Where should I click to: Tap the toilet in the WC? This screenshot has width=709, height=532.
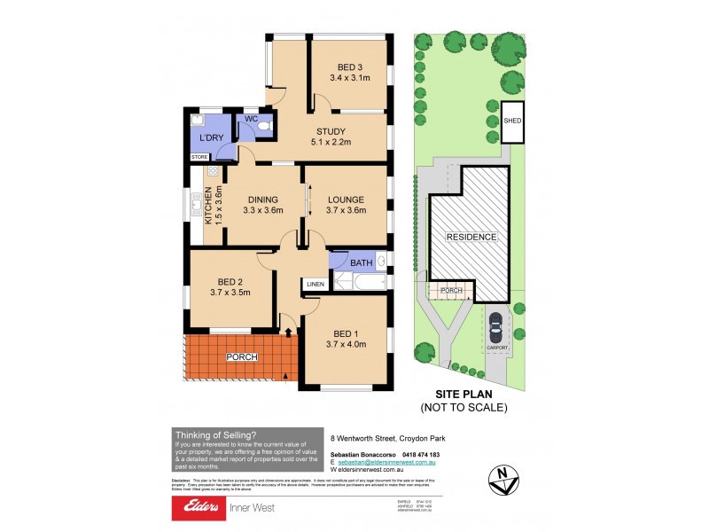click(x=263, y=130)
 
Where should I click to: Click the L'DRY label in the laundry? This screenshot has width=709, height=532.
click(x=210, y=138)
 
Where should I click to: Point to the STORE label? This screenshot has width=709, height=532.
click(x=199, y=157)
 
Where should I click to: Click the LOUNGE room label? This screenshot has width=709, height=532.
click(x=345, y=199)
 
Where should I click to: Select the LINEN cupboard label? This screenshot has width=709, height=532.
click(x=315, y=284)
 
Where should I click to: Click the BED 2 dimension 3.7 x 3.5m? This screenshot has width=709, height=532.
click(x=230, y=292)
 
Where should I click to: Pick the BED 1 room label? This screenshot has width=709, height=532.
click(x=345, y=332)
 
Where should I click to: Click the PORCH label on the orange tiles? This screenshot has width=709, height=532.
click(x=242, y=356)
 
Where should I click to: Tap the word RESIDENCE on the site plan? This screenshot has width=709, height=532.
click(x=471, y=237)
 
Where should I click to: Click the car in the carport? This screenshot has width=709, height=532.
click(x=497, y=326)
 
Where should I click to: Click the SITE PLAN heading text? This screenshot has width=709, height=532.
click(x=464, y=395)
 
